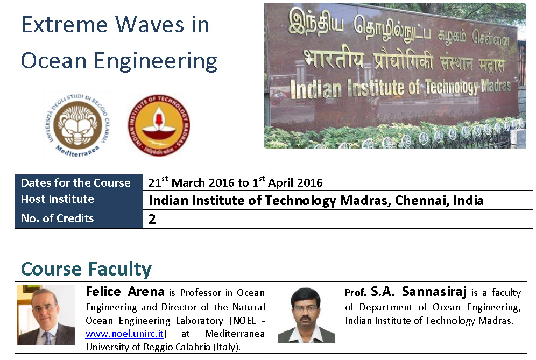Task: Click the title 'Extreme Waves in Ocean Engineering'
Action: [x=118, y=43]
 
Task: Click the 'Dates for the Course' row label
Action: [x=75, y=183]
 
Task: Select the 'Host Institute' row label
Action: [x=57, y=199]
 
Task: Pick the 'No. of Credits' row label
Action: [x=57, y=218]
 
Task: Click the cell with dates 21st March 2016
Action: [x=235, y=183]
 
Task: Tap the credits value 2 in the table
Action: [x=152, y=220]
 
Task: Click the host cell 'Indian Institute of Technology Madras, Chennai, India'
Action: [x=316, y=201]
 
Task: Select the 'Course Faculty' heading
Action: [x=86, y=269]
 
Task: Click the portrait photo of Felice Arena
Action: [x=46, y=315]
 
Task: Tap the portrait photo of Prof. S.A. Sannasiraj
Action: [x=306, y=315]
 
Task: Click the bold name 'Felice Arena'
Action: [x=125, y=292]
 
